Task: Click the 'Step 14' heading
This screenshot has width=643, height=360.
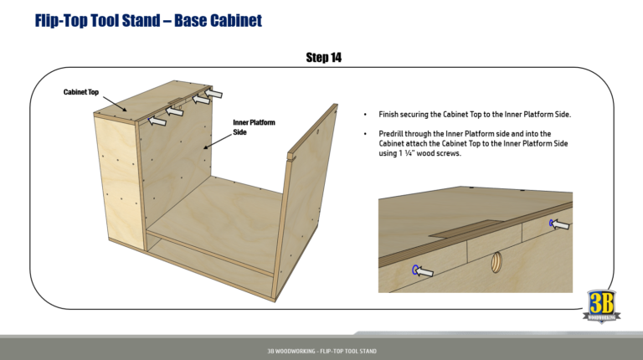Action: [x=323, y=57]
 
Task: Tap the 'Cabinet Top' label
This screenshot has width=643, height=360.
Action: [x=82, y=91]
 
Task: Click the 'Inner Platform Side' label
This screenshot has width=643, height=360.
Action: [x=253, y=127]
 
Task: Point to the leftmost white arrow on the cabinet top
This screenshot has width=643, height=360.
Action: [x=157, y=121]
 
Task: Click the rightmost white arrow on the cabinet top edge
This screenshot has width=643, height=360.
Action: [x=214, y=93]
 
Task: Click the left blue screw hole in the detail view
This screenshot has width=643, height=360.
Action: [x=415, y=269]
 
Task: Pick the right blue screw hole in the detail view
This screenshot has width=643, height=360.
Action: [x=552, y=223]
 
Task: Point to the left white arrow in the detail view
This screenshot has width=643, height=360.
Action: [x=427, y=270]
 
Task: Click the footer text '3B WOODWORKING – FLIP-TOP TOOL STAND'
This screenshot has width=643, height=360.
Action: [x=321, y=349]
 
